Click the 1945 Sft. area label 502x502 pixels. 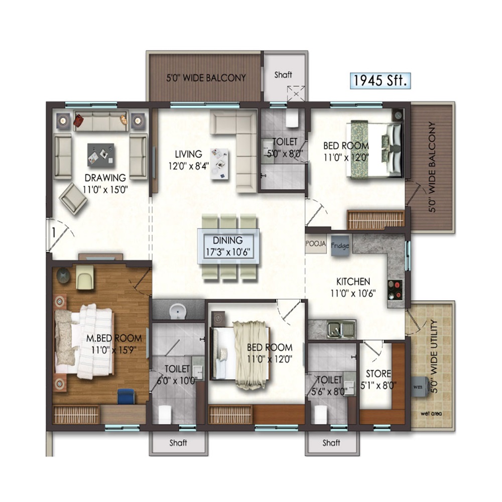[381, 80]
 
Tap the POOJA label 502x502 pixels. [316, 243]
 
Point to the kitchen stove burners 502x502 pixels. [395, 290]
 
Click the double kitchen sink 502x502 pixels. [341, 329]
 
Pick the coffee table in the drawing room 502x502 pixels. [100, 155]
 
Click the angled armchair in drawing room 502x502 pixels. [73, 199]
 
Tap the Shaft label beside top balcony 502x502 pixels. [283, 75]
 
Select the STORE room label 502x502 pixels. [378, 373]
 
